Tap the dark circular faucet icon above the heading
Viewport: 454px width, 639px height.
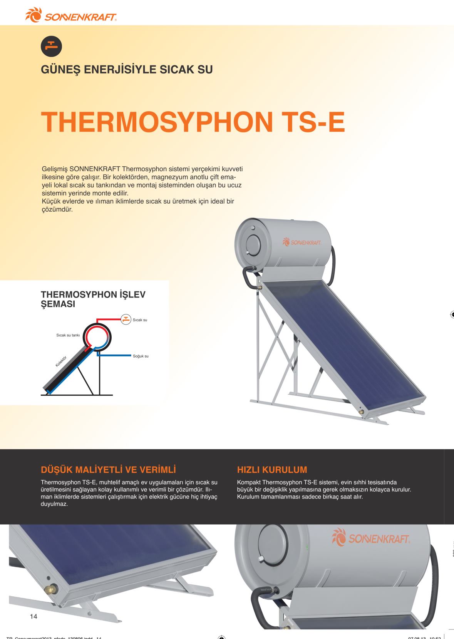pos(51,46)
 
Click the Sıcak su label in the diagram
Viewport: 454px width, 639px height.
pos(140,320)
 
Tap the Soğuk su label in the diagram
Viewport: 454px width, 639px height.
pos(141,356)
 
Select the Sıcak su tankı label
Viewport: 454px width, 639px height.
pos(68,335)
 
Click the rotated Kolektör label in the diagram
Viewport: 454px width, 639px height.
pos(61,361)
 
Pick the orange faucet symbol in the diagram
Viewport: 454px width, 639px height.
pos(126,319)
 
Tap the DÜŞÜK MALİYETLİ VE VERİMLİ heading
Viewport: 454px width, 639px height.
pos(109,470)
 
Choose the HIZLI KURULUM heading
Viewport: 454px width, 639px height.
pos(272,470)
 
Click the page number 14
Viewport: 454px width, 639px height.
pos(34,616)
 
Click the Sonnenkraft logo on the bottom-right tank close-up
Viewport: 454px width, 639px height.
pos(370,537)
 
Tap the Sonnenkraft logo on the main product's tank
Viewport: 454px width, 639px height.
pos(302,242)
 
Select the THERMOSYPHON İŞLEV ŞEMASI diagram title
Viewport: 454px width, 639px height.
pos(93,299)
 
